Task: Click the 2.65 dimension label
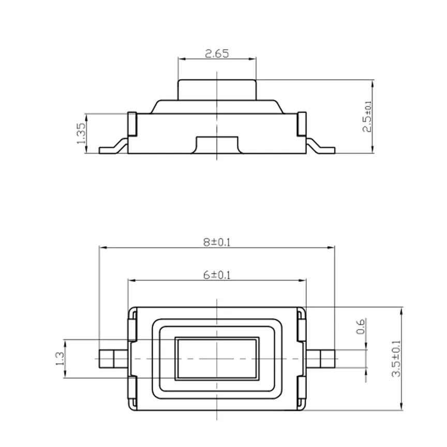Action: pos(217,53)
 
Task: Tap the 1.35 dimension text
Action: pos(81,133)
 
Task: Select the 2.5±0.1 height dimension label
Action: pos(367,116)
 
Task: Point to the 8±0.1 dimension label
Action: pos(217,242)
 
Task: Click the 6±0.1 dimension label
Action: pos(217,275)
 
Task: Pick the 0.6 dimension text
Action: pos(361,326)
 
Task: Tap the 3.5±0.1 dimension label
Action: pos(396,359)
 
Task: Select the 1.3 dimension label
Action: pos(59,359)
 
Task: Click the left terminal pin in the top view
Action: pos(113,359)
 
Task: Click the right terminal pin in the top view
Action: pos(320,359)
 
